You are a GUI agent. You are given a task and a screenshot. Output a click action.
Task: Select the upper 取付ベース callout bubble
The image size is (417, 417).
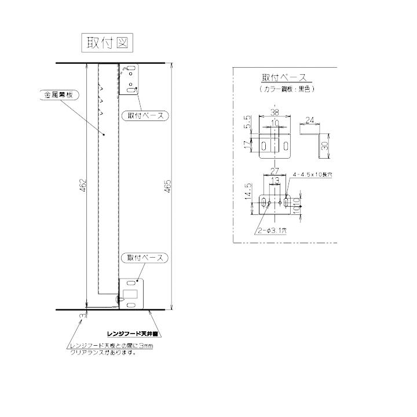144,115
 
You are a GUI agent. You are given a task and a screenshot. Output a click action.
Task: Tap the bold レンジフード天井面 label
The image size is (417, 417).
133,335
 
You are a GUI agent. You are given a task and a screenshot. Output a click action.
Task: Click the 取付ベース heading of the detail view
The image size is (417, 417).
283,78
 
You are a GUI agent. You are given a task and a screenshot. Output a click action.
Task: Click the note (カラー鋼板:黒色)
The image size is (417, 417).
283,90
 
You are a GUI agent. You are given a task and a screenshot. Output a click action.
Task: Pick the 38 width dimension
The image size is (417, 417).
275,113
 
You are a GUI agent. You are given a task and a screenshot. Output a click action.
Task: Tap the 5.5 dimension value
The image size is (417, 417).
248,123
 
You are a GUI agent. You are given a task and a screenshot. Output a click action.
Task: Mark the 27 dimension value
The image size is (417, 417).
275,171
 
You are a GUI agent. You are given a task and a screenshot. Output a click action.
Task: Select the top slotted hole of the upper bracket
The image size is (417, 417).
131,69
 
